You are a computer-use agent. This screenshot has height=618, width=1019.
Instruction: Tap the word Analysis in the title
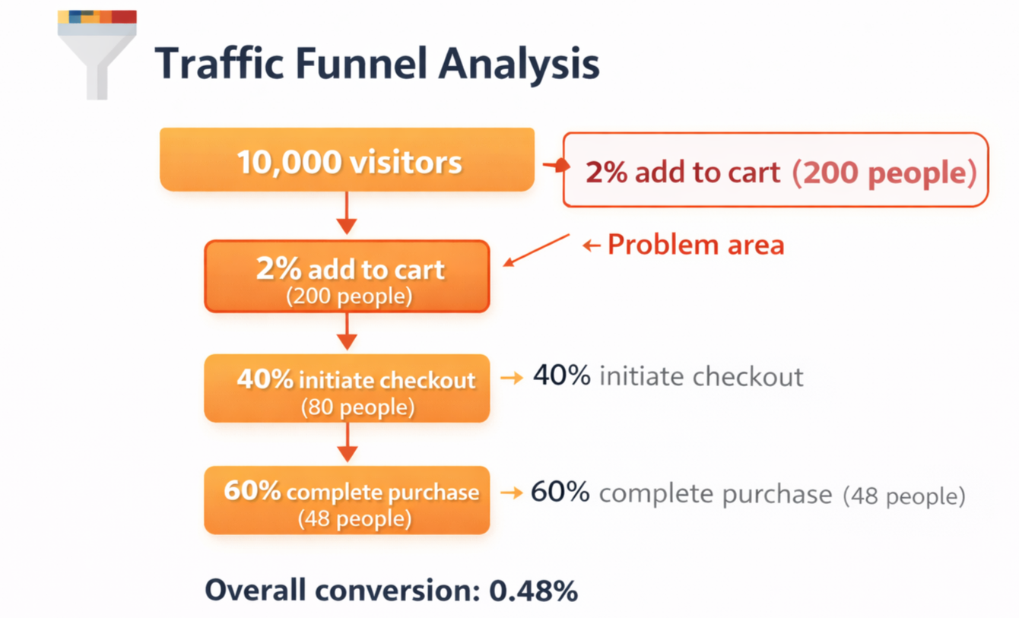pos(519,65)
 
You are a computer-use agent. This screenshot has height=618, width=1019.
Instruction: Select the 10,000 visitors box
pos(347,160)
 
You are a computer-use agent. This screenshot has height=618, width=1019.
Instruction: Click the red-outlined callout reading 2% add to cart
pos(775,170)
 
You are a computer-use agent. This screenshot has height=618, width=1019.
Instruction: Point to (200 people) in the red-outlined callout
pos(884,173)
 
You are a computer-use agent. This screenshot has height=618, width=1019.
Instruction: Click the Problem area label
pos(695,245)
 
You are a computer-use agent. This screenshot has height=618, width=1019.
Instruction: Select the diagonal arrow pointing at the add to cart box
pos(537,250)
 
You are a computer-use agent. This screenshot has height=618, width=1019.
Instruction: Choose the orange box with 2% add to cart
pos(347,276)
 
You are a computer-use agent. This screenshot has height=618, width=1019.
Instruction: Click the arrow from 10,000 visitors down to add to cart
pos(347,214)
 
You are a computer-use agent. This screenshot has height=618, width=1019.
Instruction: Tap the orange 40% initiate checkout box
pos(347,388)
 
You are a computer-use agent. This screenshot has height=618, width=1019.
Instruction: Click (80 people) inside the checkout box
pos(357,407)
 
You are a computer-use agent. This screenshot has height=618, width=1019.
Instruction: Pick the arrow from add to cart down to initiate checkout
pos(347,331)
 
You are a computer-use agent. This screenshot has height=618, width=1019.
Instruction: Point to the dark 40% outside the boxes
pos(561,376)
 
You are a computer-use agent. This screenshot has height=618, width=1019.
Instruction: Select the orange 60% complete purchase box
pos(347,499)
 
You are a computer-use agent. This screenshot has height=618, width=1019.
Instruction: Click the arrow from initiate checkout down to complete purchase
pos(347,442)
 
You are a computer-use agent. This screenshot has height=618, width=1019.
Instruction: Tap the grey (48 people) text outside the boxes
pos(904,496)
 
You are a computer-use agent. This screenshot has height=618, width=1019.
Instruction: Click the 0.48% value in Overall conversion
pos(533,591)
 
